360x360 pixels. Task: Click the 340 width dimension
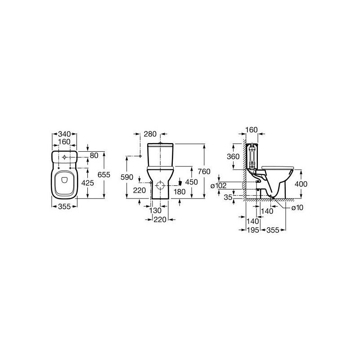tap(64, 134)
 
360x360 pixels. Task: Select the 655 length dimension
tap(104, 175)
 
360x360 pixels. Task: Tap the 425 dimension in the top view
tap(88, 183)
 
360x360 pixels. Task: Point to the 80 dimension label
tap(94, 155)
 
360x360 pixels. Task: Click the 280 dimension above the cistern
tap(150, 134)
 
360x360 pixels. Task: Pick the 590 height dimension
tap(127, 177)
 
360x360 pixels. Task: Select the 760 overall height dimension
tap(204, 171)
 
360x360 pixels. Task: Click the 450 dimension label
tap(192, 182)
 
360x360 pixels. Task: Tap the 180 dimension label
tap(179, 192)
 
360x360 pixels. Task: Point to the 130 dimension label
tap(155, 210)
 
